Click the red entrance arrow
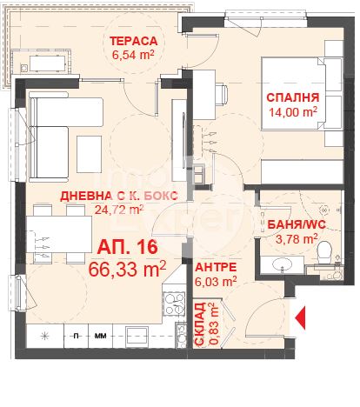coord(300,317)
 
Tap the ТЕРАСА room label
coord(134,41)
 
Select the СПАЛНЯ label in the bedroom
coord(293,97)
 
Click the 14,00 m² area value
coord(293,111)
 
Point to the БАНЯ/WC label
coord(297,224)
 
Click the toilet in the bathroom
coord(324,253)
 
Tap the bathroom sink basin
coord(282,264)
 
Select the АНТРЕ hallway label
coord(216,267)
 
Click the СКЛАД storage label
coord(200,324)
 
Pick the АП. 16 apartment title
coord(128,247)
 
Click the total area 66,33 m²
coord(127,269)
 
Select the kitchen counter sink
coord(137,335)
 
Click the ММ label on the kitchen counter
coord(100,336)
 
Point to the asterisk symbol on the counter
coord(44,336)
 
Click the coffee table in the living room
coord(89,154)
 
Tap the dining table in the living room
coord(59,234)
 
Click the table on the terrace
coord(47,63)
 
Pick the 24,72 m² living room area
coord(119,210)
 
